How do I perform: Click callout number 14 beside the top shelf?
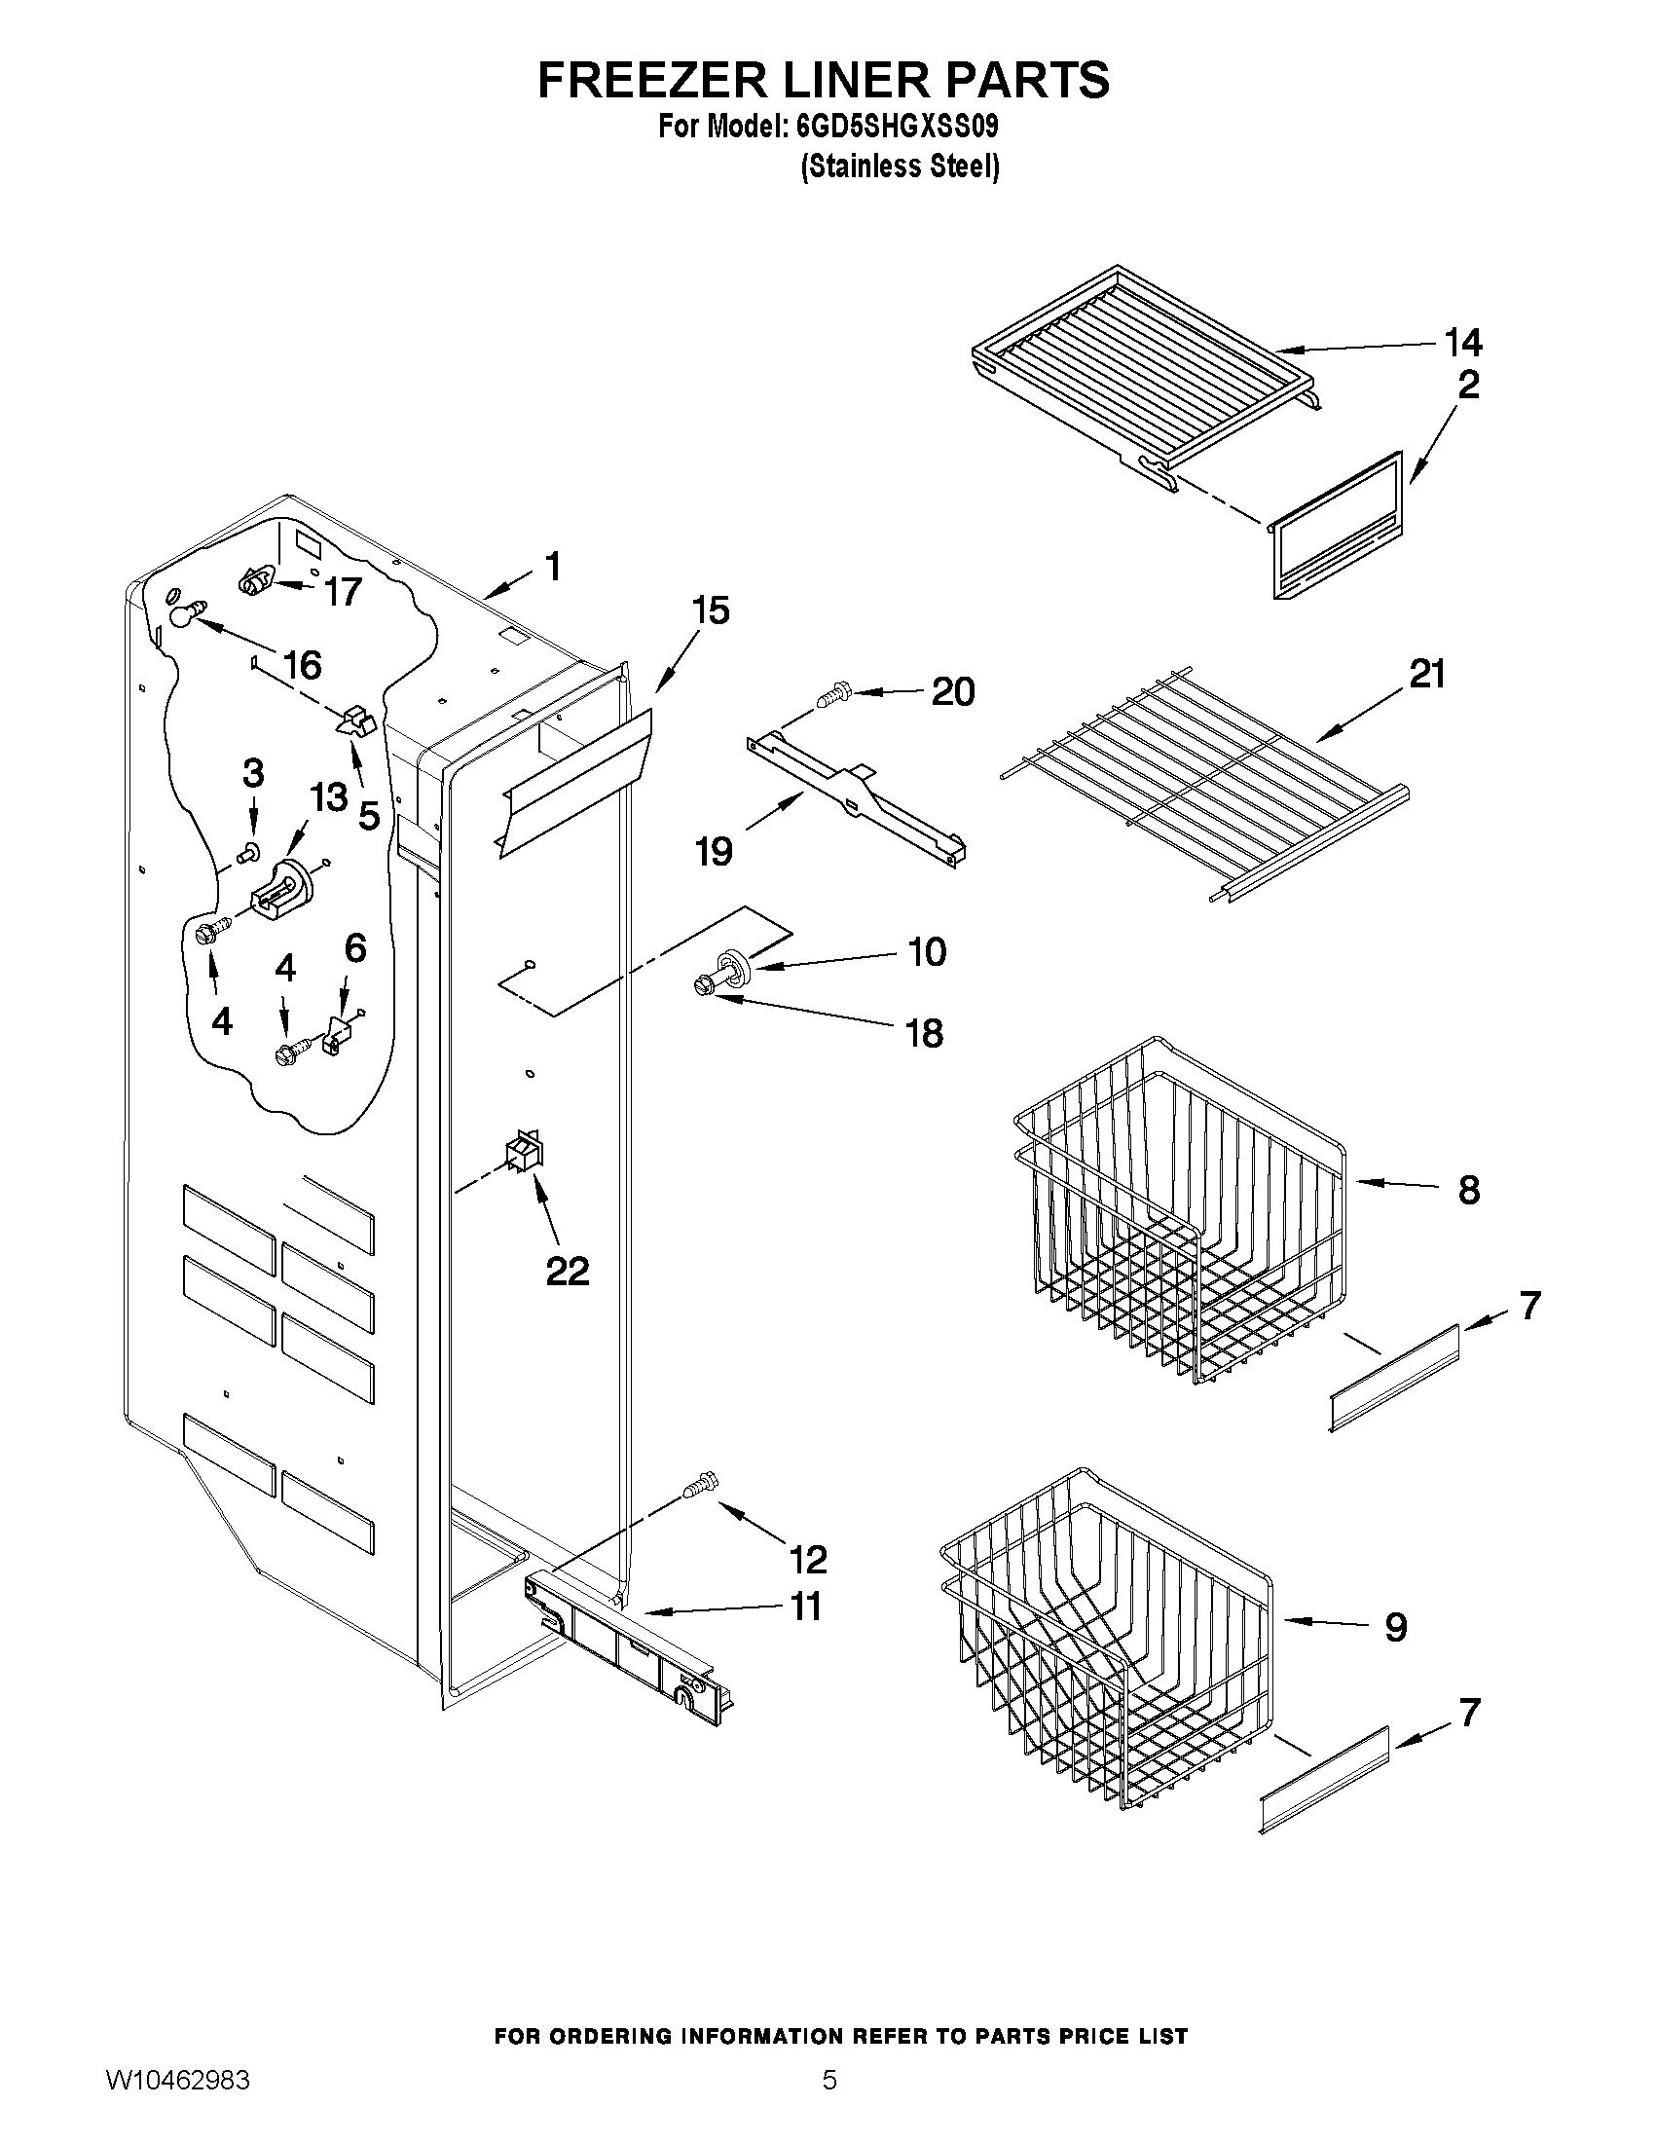1462,343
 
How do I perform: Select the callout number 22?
567,1271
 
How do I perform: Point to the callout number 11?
805,1607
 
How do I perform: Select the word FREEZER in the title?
651,79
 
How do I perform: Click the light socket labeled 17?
255,583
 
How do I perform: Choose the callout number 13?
330,795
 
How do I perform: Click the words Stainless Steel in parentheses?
900,166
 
